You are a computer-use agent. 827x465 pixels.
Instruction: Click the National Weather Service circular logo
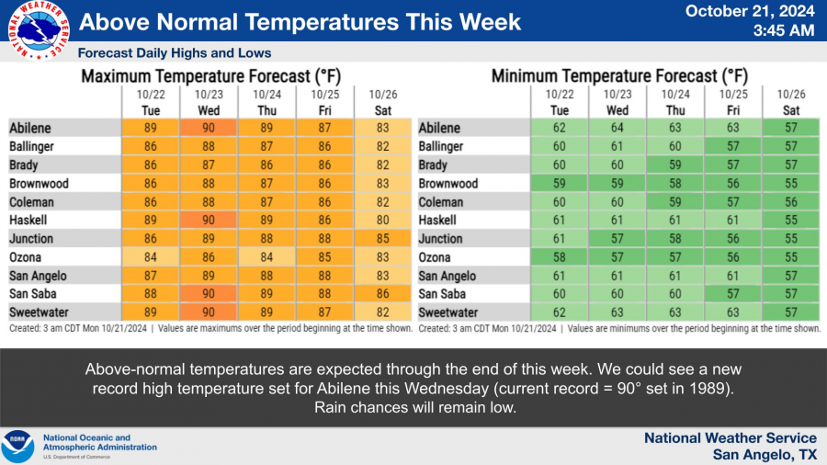tap(39, 30)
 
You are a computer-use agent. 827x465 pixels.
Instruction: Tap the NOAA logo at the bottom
tap(17, 446)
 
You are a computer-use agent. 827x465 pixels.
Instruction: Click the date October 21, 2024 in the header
tap(750, 11)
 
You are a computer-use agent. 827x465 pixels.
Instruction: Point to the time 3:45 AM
tap(783, 30)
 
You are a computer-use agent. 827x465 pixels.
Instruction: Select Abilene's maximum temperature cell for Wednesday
tap(209, 128)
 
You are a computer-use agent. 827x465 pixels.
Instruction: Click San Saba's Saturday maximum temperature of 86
tap(382, 294)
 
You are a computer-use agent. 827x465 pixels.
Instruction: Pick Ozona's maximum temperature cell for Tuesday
tap(151, 257)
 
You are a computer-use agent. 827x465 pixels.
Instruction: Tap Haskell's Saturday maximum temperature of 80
tap(382, 220)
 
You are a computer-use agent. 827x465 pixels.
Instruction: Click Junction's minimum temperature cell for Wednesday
tap(617, 239)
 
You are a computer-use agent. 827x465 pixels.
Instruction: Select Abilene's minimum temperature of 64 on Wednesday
tap(617, 128)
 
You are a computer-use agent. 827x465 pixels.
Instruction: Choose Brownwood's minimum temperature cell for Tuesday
tap(559, 184)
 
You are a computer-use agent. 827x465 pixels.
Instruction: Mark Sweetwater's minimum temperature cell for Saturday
tap(790, 312)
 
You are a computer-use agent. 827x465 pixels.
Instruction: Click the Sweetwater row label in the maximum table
tap(39, 312)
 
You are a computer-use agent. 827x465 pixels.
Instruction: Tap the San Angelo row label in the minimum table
tap(447, 276)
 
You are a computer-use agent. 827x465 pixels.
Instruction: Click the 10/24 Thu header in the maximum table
tap(266, 102)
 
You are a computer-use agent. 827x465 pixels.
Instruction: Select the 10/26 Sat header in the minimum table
tap(791, 102)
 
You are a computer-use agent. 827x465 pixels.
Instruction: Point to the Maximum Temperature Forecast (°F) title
tap(211, 76)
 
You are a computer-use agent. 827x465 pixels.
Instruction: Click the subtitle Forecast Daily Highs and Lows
tap(174, 52)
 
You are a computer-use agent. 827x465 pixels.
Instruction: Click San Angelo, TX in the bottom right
tap(765, 455)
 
